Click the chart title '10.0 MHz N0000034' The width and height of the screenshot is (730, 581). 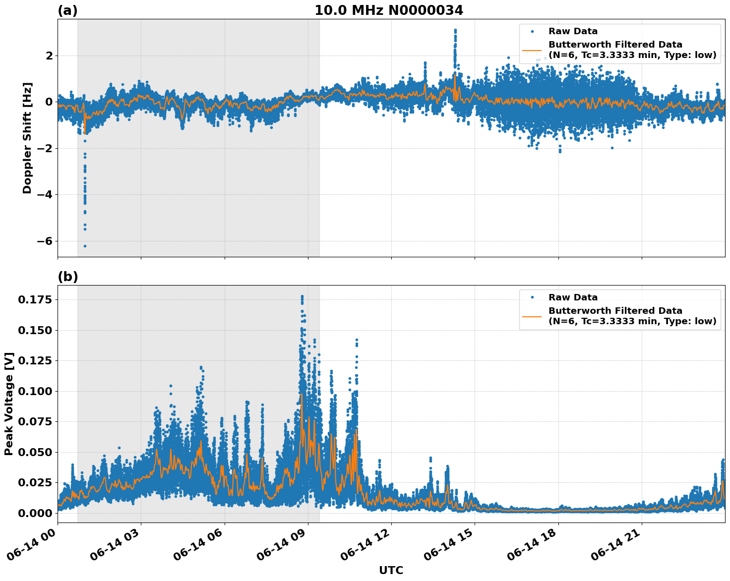388,10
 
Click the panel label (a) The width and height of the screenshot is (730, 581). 67,10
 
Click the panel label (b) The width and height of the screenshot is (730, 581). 67,277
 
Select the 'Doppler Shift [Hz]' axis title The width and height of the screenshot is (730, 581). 27,138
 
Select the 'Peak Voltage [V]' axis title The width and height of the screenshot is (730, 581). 9,404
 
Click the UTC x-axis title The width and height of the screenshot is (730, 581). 391,570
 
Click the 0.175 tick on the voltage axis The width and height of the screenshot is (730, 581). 35,299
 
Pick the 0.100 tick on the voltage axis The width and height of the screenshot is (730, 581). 35,391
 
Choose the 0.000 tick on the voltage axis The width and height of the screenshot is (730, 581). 35,513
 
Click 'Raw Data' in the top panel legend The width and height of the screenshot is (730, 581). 573,31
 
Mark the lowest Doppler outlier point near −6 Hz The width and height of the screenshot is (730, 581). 85,246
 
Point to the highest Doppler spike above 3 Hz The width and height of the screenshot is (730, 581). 455,30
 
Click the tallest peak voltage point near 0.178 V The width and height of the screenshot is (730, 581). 302,296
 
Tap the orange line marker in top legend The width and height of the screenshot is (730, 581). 532,50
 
